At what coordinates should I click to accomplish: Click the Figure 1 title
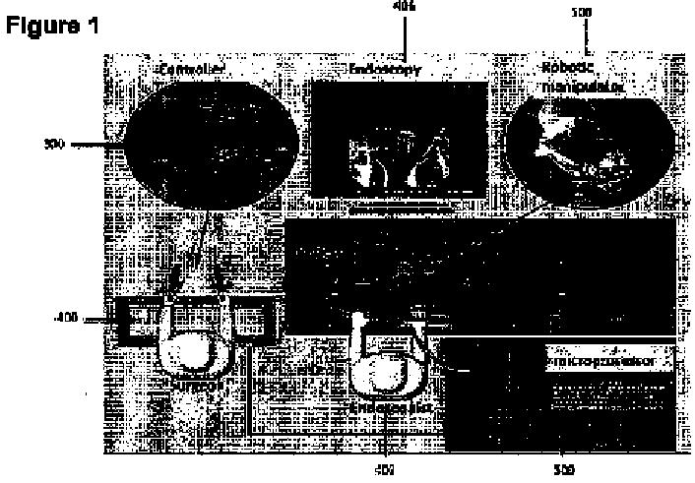point(53,27)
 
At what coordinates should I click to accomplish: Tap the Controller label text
point(193,70)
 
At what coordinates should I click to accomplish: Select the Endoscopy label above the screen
point(385,70)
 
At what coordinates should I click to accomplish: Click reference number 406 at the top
point(405,6)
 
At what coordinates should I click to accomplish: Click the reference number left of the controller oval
point(54,144)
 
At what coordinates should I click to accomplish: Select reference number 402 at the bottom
point(387,471)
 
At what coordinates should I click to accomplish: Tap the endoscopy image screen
point(398,145)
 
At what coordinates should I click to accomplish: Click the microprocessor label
point(601,362)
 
